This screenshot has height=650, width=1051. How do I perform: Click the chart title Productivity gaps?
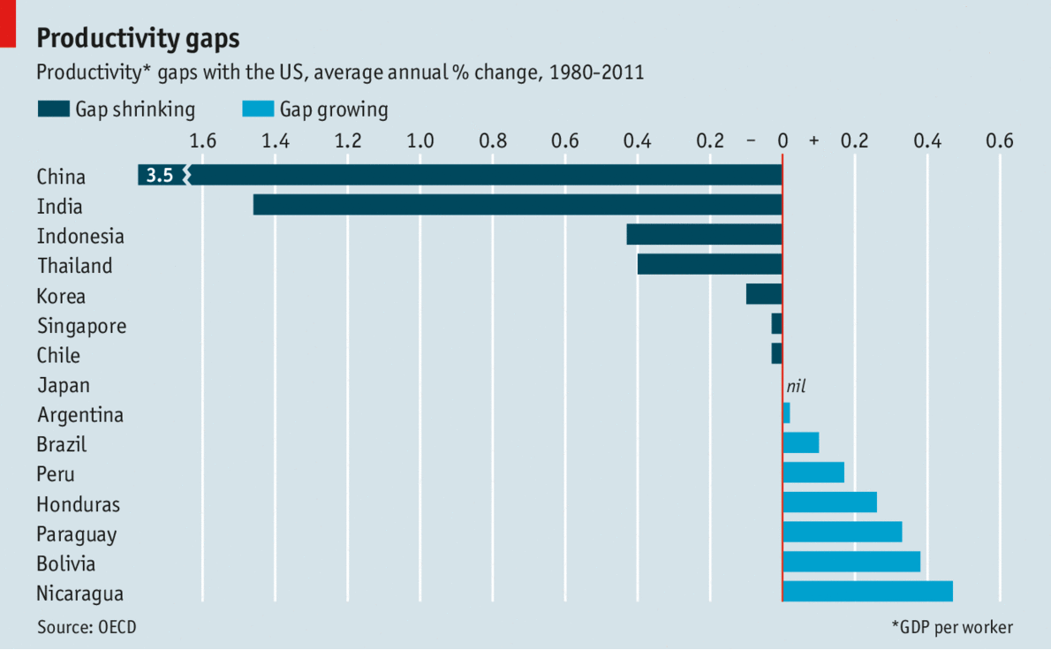(138, 39)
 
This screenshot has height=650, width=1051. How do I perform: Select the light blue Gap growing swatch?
(258, 109)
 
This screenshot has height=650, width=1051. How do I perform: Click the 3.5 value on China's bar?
(160, 175)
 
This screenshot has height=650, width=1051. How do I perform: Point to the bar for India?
(518, 205)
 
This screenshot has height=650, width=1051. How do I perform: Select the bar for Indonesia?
(704, 234)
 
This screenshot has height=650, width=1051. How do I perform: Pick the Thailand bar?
(709, 264)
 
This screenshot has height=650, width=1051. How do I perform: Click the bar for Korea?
(764, 294)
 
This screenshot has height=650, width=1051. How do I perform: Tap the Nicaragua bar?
(867, 592)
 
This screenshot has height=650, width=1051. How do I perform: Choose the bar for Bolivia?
(851, 562)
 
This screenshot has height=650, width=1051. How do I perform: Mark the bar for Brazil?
(801, 442)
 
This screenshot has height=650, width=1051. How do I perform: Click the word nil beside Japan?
(796, 385)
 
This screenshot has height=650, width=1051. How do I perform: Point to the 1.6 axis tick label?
(202, 140)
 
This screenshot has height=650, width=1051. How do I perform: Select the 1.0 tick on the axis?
(420, 140)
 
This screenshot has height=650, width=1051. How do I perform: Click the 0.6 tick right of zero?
(1000, 140)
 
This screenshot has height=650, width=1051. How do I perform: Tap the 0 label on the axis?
(783, 140)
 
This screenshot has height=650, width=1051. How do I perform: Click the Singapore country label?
(81, 326)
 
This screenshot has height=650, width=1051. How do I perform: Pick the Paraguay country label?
(77, 534)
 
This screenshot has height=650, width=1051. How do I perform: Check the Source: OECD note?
(87, 627)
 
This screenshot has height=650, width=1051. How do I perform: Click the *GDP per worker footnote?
(952, 627)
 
